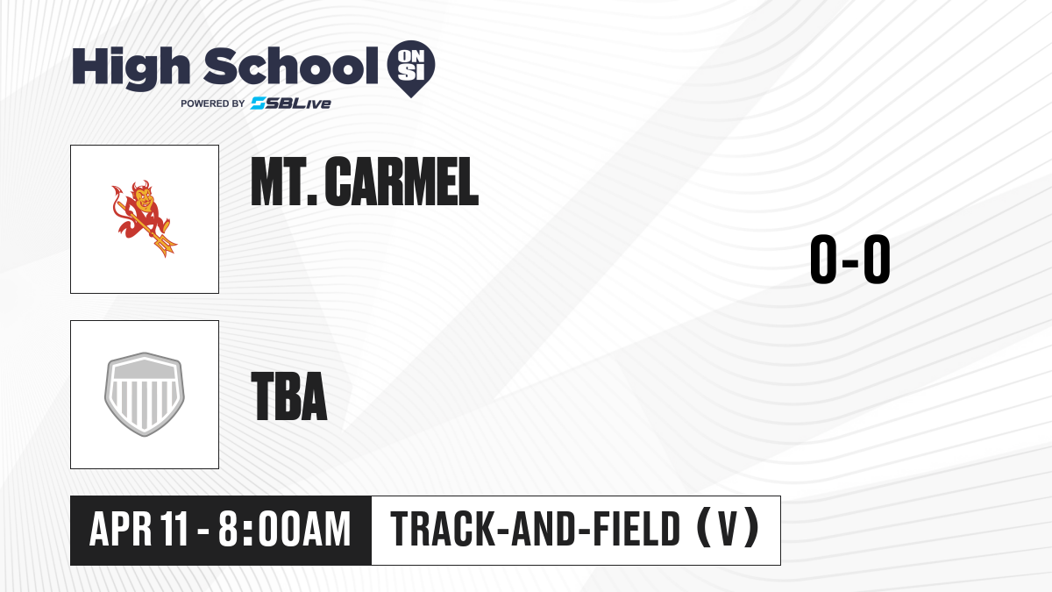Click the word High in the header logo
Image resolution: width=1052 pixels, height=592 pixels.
pos(131,68)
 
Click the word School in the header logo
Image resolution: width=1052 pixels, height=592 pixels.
pos(291,66)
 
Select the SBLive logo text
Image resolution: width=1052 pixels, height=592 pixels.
pos(291,103)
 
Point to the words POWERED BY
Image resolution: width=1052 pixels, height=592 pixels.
pos(213,103)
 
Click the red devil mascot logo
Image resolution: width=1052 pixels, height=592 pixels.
pos(144,218)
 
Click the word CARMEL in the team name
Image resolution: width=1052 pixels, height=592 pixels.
pos(402,182)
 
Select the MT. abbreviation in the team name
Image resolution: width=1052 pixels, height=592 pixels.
pos(284,182)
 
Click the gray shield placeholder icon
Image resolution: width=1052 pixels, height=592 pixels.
pos(145,394)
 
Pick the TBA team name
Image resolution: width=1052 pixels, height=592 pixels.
pos(289,396)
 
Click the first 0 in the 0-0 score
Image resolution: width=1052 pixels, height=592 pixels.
pos(824,259)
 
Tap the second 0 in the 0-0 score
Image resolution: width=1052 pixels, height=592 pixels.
pos(877,259)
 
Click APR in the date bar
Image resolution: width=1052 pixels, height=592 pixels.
pos(121,529)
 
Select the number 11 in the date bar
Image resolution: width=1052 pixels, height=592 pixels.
pos(174,529)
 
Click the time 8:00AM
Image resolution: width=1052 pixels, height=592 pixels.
pos(285,529)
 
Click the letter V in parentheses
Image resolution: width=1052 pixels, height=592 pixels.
pos(728,529)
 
